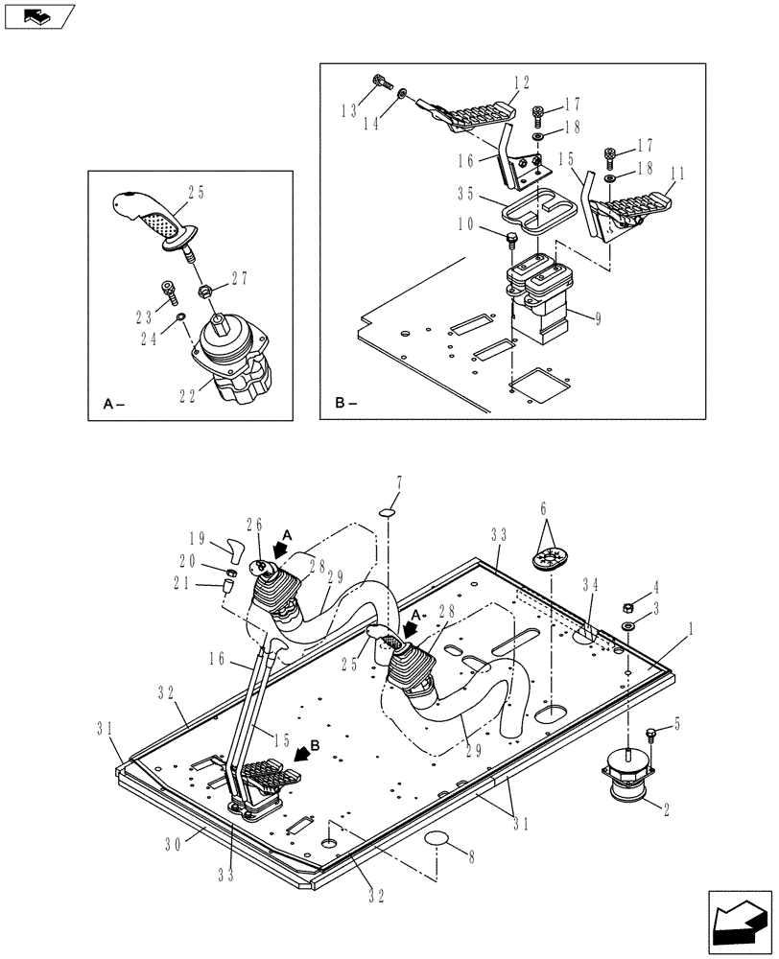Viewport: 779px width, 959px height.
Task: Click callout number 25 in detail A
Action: (x=196, y=193)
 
